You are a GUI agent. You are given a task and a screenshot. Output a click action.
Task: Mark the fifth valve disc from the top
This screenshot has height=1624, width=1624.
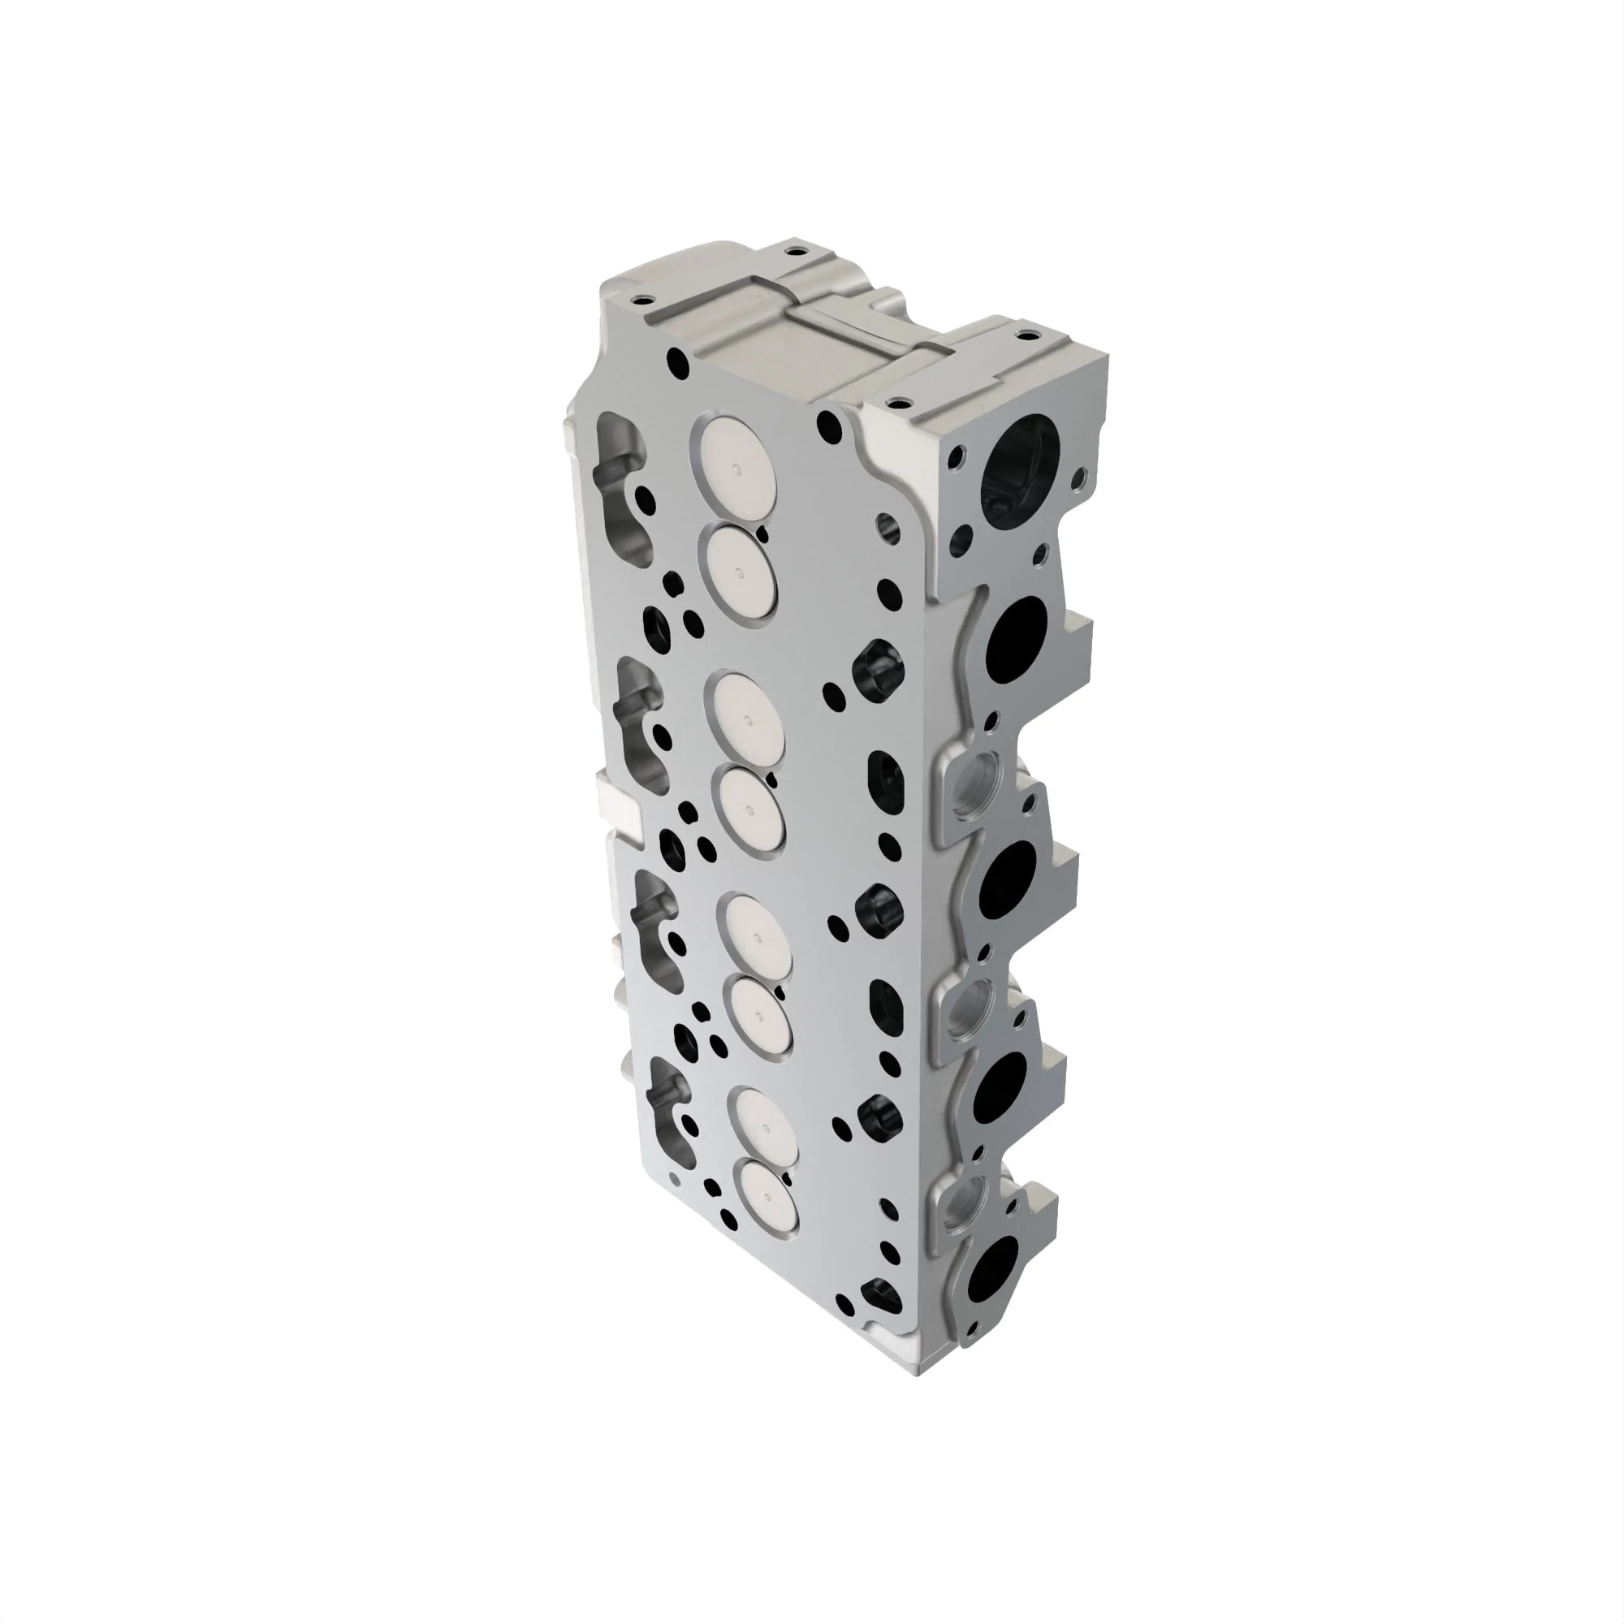click(758, 938)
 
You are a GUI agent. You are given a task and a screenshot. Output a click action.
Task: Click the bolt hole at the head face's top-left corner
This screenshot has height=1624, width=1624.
click(677, 363)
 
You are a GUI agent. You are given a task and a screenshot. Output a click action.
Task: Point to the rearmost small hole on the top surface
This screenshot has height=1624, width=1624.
click(793, 249)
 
